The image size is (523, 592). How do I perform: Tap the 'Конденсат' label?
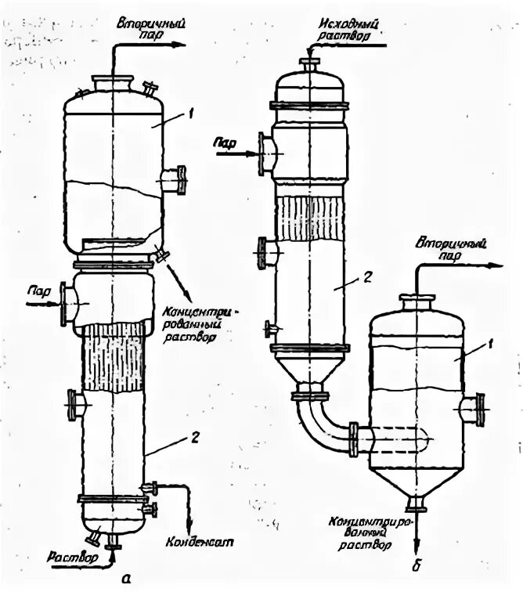[x=200, y=540]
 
